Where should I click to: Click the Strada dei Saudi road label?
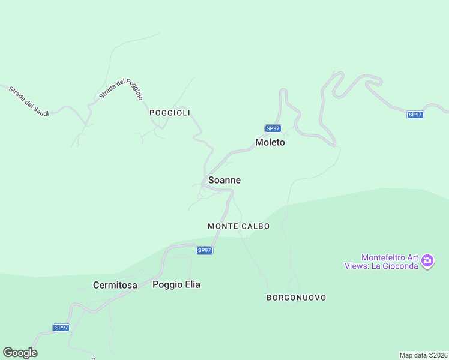28,101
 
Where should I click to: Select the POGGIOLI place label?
170,113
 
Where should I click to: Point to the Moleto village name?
270,143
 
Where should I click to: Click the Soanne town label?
224,180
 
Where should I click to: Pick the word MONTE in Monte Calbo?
223,226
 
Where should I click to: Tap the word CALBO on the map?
256,226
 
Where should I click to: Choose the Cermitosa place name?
115,285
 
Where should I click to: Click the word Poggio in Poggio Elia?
167,284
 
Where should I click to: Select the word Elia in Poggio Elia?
191,284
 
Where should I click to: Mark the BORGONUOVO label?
297,298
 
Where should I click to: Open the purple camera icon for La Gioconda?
427,261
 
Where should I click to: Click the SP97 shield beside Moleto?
273,128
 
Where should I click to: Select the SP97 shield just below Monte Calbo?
205,250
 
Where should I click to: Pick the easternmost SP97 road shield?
415,115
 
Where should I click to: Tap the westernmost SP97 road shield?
61,328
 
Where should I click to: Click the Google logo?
20,353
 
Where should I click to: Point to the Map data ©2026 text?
424,355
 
